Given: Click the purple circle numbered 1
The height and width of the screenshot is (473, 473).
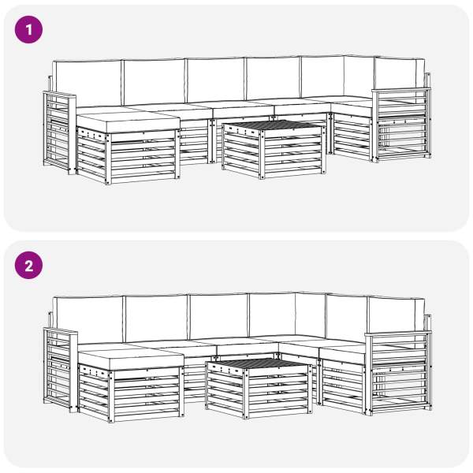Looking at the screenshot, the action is (x=28, y=30).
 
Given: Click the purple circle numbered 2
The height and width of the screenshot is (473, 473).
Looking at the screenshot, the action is (x=28, y=265).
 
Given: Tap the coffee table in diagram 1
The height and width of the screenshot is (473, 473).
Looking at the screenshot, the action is (x=274, y=149).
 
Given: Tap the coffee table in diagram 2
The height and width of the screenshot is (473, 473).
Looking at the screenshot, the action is (x=259, y=388).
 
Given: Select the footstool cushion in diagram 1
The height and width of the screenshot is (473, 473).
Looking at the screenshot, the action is (x=128, y=121).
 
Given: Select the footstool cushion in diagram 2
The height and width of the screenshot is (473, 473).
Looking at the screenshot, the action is (x=131, y=359).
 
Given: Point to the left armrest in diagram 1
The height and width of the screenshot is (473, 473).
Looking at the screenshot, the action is (x=59, y=132).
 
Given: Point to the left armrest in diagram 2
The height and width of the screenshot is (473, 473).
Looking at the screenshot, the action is (x=61, y=370).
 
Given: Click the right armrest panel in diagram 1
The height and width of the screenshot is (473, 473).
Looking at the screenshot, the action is (x=401, y=125).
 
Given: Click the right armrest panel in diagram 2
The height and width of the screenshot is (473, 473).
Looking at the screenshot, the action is (x=398, y=373).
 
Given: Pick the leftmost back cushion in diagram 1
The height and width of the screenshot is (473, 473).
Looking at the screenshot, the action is (x=87, y=84).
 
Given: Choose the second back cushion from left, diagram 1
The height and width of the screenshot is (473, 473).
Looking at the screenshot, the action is (x=155, y=82).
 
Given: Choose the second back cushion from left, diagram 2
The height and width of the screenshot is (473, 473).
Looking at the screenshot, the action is (x=156, y=318).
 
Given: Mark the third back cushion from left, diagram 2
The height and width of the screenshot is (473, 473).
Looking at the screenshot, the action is (x=219, y=316).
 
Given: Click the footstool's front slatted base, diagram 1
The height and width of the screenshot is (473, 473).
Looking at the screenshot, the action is (x=143, y=158).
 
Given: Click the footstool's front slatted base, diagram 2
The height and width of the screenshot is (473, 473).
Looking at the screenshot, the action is (x=147, y=396).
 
